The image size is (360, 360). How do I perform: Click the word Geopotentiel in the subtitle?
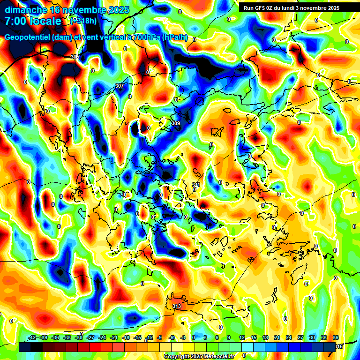(x=27, y=37)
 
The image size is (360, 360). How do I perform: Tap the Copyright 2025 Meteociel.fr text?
(x=199, y=357)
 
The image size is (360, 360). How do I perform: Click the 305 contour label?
(x=75, y=57)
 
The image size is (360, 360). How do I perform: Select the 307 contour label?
(x=120, y=86)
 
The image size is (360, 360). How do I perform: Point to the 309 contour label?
(x=176, y=123)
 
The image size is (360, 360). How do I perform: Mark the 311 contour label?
(x=196, y=185)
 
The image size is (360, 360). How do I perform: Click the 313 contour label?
(x=177, y=306)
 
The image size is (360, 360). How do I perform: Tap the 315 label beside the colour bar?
(x=339, y=346)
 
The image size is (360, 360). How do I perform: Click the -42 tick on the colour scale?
(x=32, y=338)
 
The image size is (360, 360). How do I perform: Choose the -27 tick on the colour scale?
(x=90, y=338)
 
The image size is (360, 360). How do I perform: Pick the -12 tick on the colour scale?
(x=149, y=338)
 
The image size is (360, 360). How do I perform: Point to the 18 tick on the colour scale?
(x=265, y=338)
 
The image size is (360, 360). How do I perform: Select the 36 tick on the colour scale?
(x=336, y=338)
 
